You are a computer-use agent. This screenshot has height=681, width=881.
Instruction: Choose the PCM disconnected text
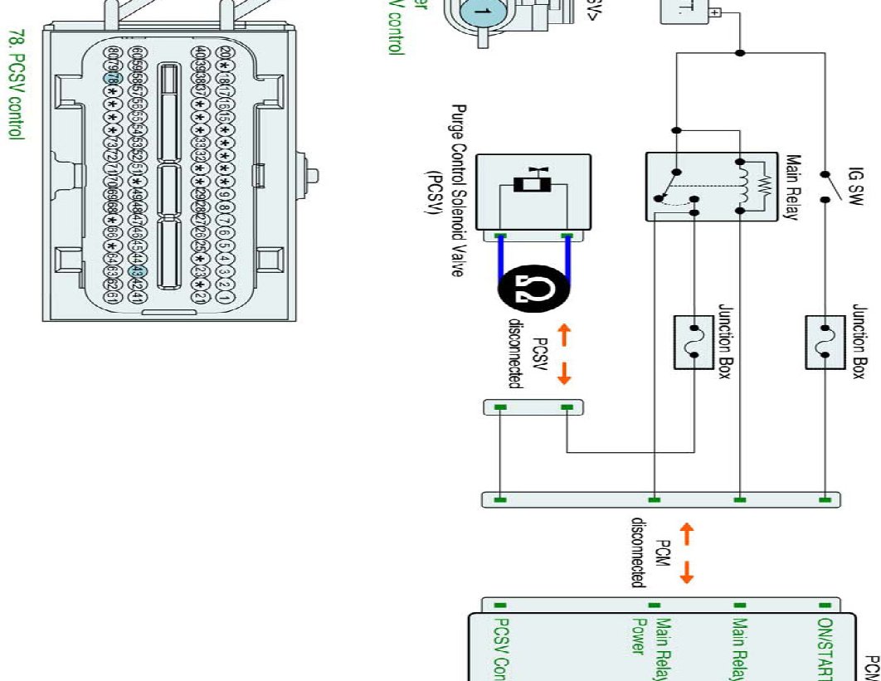[652, 551]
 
